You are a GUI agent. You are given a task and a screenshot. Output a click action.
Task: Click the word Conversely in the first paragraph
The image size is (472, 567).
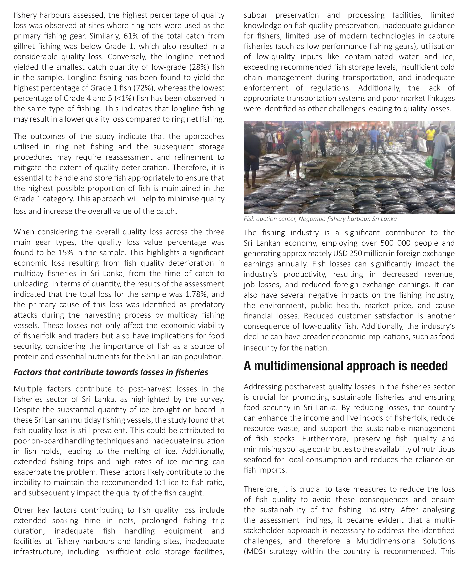[x=128, y=57]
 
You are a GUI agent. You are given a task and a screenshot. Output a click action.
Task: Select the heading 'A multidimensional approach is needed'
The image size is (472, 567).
[x=345, y=366]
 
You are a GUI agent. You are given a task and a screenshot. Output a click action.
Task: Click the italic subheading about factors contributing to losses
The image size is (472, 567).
[x=111, y=372]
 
